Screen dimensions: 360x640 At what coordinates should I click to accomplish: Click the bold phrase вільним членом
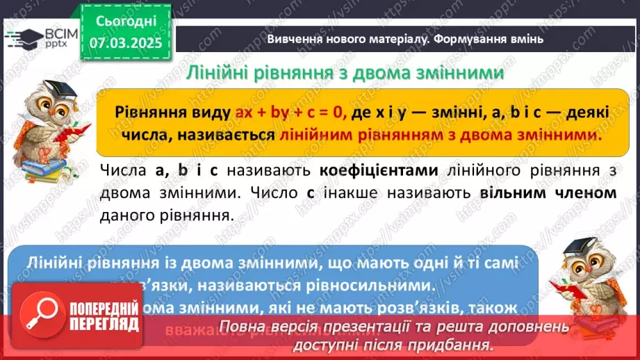point(548,193)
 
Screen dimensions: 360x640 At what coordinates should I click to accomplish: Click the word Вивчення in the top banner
point(290,39)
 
